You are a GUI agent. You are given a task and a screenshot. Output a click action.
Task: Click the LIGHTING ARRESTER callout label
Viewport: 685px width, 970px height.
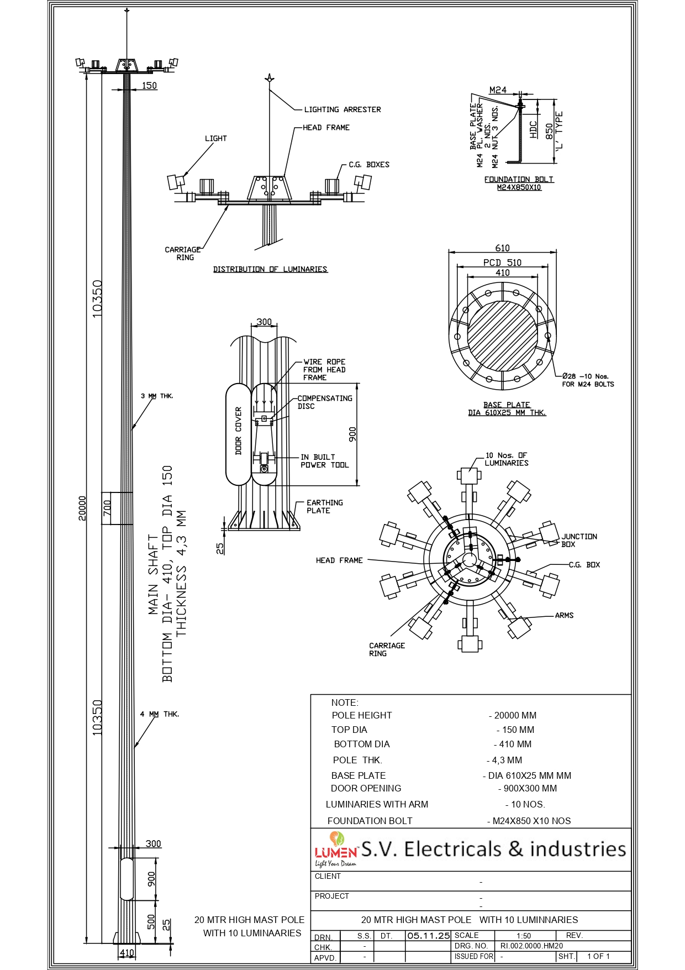(342, 109)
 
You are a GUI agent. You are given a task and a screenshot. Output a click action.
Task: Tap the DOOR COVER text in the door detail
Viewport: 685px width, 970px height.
(239, 431)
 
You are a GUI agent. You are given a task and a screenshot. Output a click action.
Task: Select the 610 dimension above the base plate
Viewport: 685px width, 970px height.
(502, 248)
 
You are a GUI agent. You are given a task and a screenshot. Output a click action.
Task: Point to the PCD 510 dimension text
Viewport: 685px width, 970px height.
(502, 263)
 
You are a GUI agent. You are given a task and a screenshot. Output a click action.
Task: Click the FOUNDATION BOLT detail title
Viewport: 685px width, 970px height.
(519, 179)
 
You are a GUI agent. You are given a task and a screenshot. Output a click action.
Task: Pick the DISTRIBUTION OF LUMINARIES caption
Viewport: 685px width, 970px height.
(271, 269)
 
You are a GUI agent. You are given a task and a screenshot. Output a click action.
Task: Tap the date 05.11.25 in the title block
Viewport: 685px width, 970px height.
(429, 936)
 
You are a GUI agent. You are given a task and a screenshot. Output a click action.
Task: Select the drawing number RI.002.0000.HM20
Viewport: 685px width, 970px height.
(532, 946)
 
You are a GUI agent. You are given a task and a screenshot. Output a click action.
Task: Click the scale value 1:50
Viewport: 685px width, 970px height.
(524, 936)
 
